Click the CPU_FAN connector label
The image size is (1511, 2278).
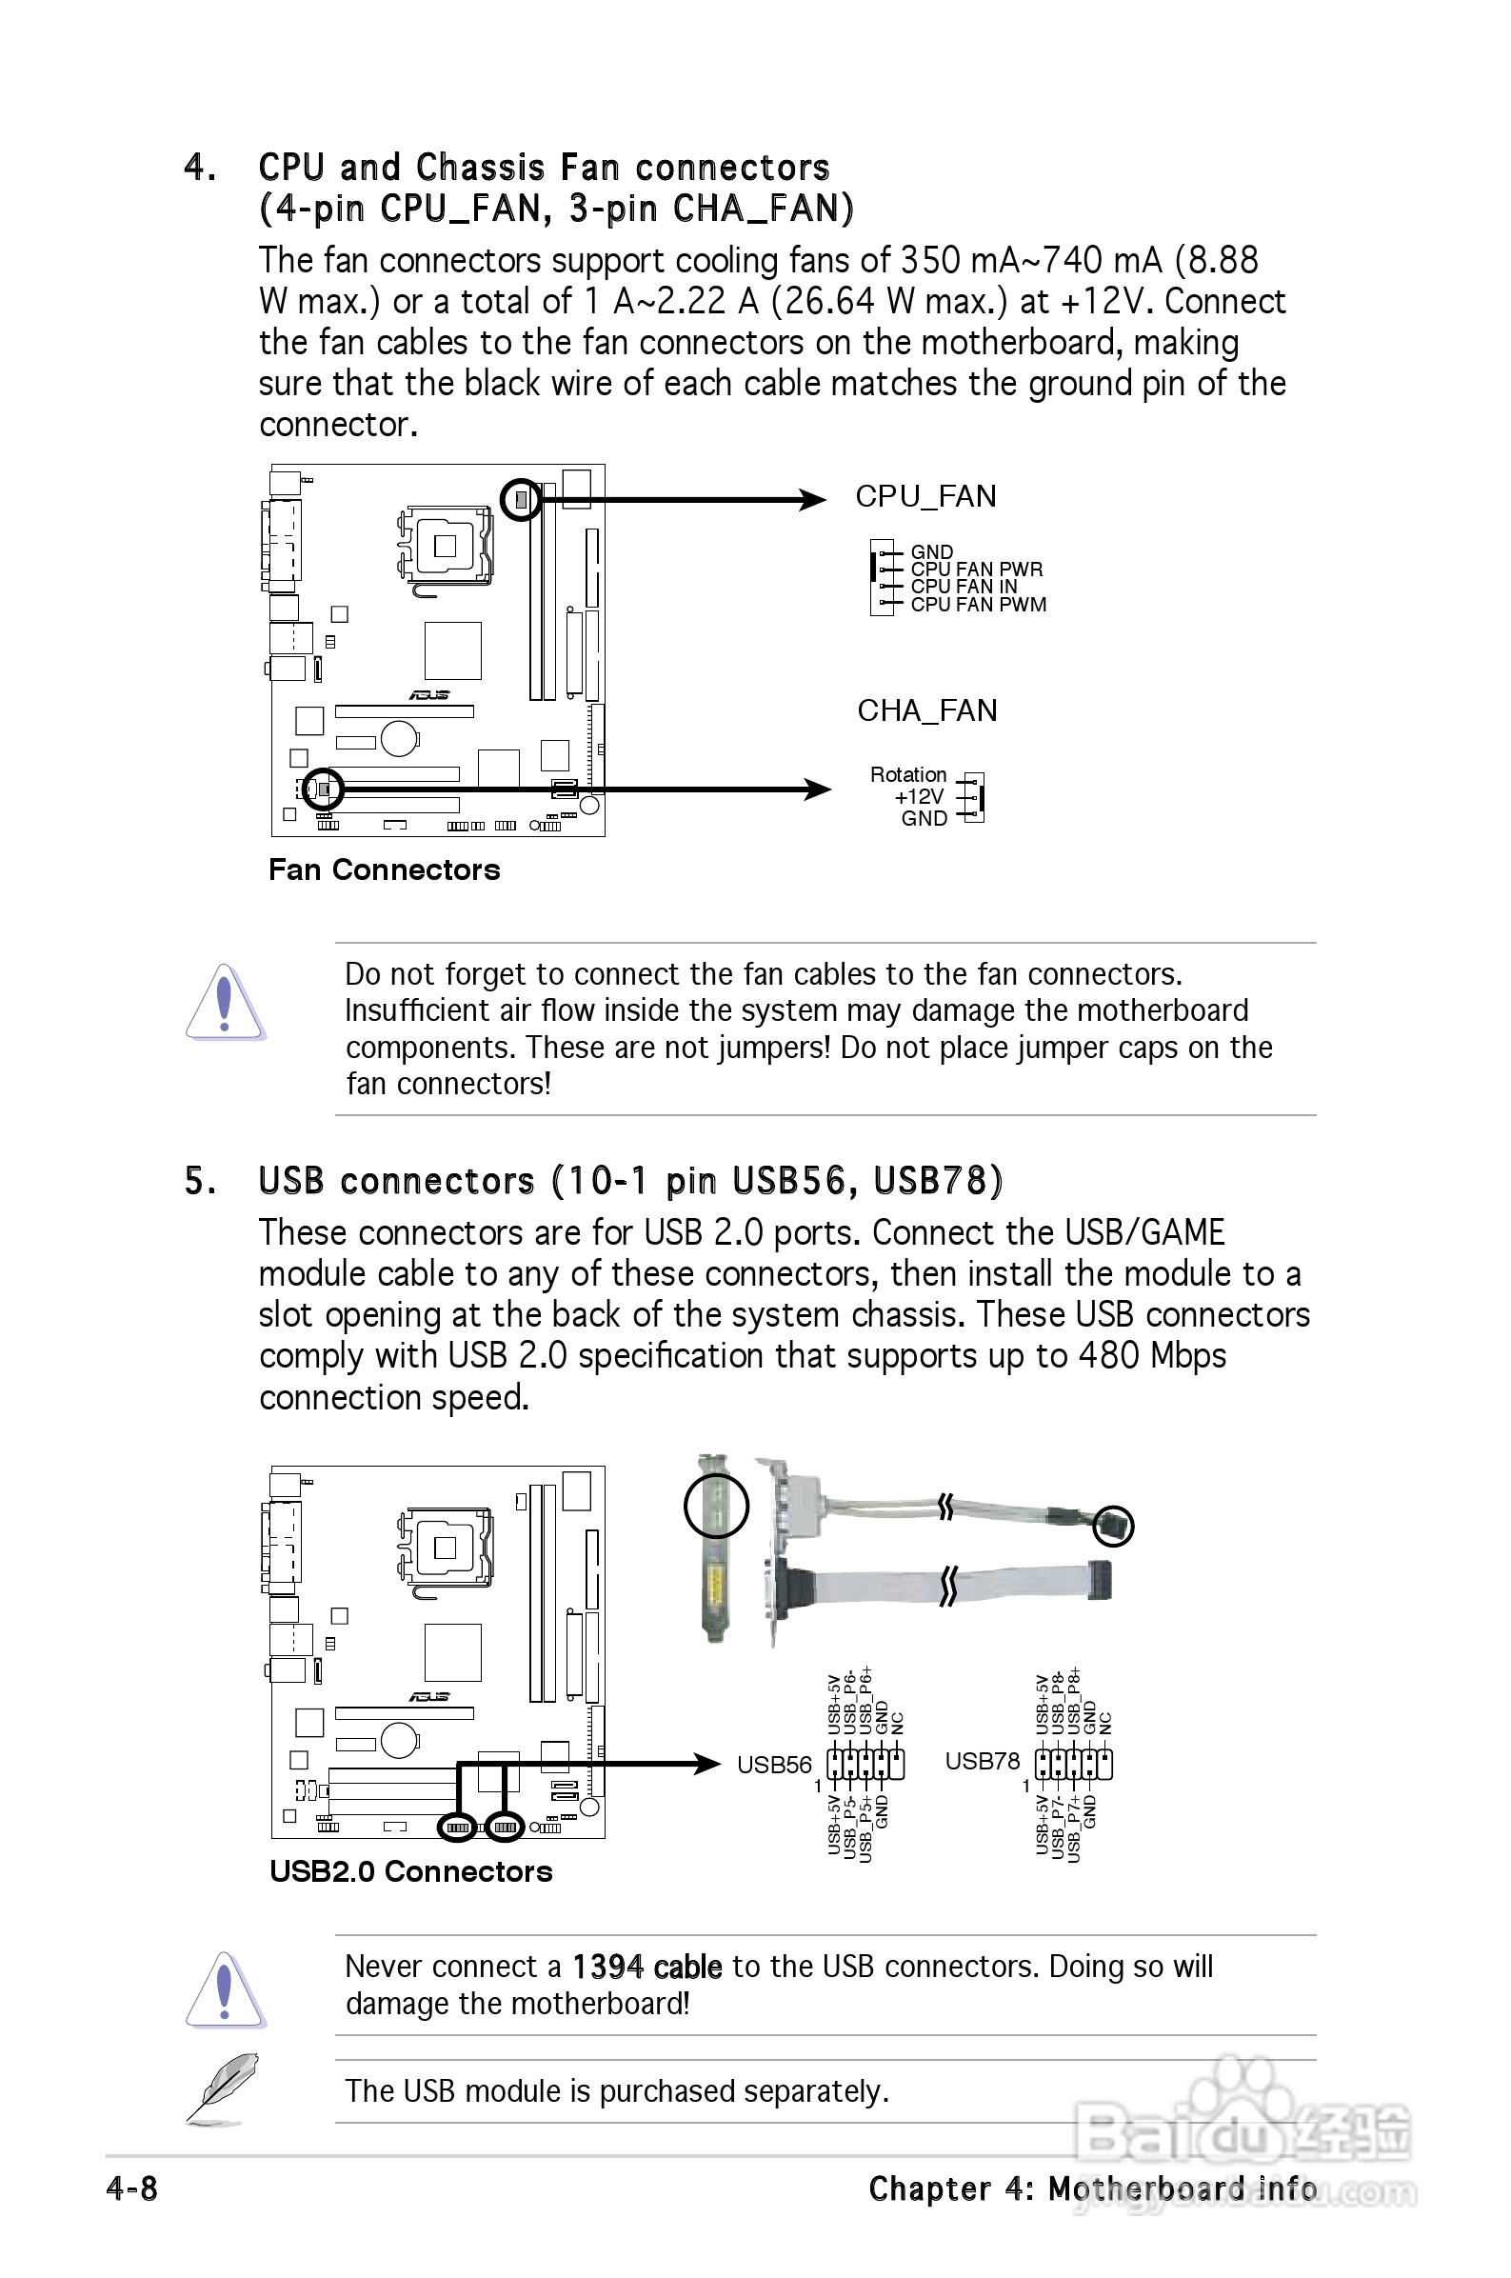(925, 496)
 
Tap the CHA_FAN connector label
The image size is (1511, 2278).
(926, 711)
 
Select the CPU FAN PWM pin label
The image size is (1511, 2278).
(977, 605)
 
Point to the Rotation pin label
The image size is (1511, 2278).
(907, 775)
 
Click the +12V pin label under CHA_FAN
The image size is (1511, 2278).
(919, 797)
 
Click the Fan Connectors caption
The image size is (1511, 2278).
(384, 870)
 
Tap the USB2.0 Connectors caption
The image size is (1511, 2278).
(410, 1871)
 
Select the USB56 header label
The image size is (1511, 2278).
(774, 1765)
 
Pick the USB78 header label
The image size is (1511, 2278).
(981, 1762)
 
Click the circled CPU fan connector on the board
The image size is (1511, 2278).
(522, 499)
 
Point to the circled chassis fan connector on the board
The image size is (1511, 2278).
(323, 789)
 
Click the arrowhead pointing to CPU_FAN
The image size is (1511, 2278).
(812, 499)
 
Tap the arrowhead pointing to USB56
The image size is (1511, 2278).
(708, 1764)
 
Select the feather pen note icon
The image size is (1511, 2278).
(223, 2089)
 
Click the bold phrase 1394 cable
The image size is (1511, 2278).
(646, 1967)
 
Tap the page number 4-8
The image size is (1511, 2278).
(132, 2188)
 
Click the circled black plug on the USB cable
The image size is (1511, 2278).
(1114, 1526)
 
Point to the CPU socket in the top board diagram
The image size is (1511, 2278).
(445, 546)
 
